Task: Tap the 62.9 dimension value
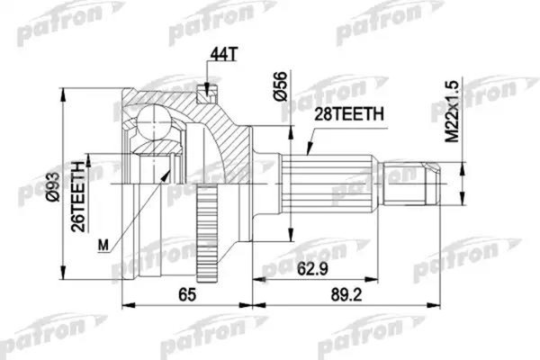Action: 308,267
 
